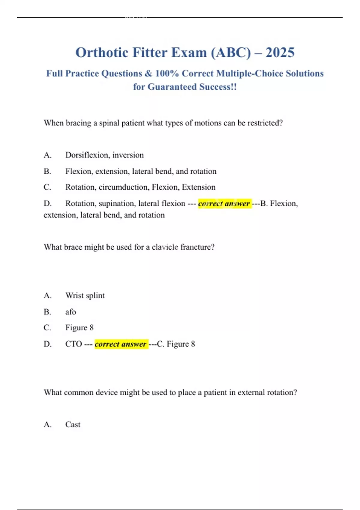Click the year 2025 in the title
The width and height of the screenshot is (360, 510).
point(280,53)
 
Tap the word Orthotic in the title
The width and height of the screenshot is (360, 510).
point(102,53)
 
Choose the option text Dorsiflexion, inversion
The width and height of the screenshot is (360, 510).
point(104,155)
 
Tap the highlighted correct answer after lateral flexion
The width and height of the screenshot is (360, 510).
point(224,204)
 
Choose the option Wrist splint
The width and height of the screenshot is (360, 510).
point(85,295)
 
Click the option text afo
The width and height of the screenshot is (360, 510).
point(70,312)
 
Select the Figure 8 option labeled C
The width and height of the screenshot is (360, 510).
point(79,328)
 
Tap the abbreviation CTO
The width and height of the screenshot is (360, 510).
point(73,344)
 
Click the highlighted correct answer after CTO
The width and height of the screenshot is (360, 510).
point(121,344)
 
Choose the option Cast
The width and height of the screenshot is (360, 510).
point(73,424)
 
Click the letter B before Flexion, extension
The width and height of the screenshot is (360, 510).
point(47,171)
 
